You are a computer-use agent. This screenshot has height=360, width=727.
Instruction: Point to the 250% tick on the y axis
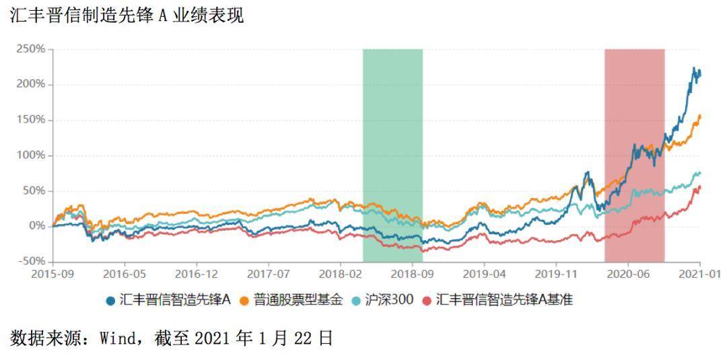click(x=31, y=49)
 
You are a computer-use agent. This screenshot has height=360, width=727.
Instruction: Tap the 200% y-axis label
click(x=31, y=84)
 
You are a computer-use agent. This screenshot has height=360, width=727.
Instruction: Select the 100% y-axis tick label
click(x=31, y=155)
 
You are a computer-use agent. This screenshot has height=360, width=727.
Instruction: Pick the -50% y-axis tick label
click(x=29, y=261)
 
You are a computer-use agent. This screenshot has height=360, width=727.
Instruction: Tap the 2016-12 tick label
click(x=197, y=275)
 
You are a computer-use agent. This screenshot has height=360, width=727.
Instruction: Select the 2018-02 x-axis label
click(x=340, y=275)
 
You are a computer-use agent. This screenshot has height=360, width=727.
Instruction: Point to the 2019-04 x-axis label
click(x=484, y=275)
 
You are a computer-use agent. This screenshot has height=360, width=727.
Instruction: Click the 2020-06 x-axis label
click(x=627, y=275)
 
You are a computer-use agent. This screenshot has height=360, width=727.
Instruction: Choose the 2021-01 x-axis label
click(x=700, y=275)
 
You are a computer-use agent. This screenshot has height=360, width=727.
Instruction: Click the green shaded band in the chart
click(x=392, y=155)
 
